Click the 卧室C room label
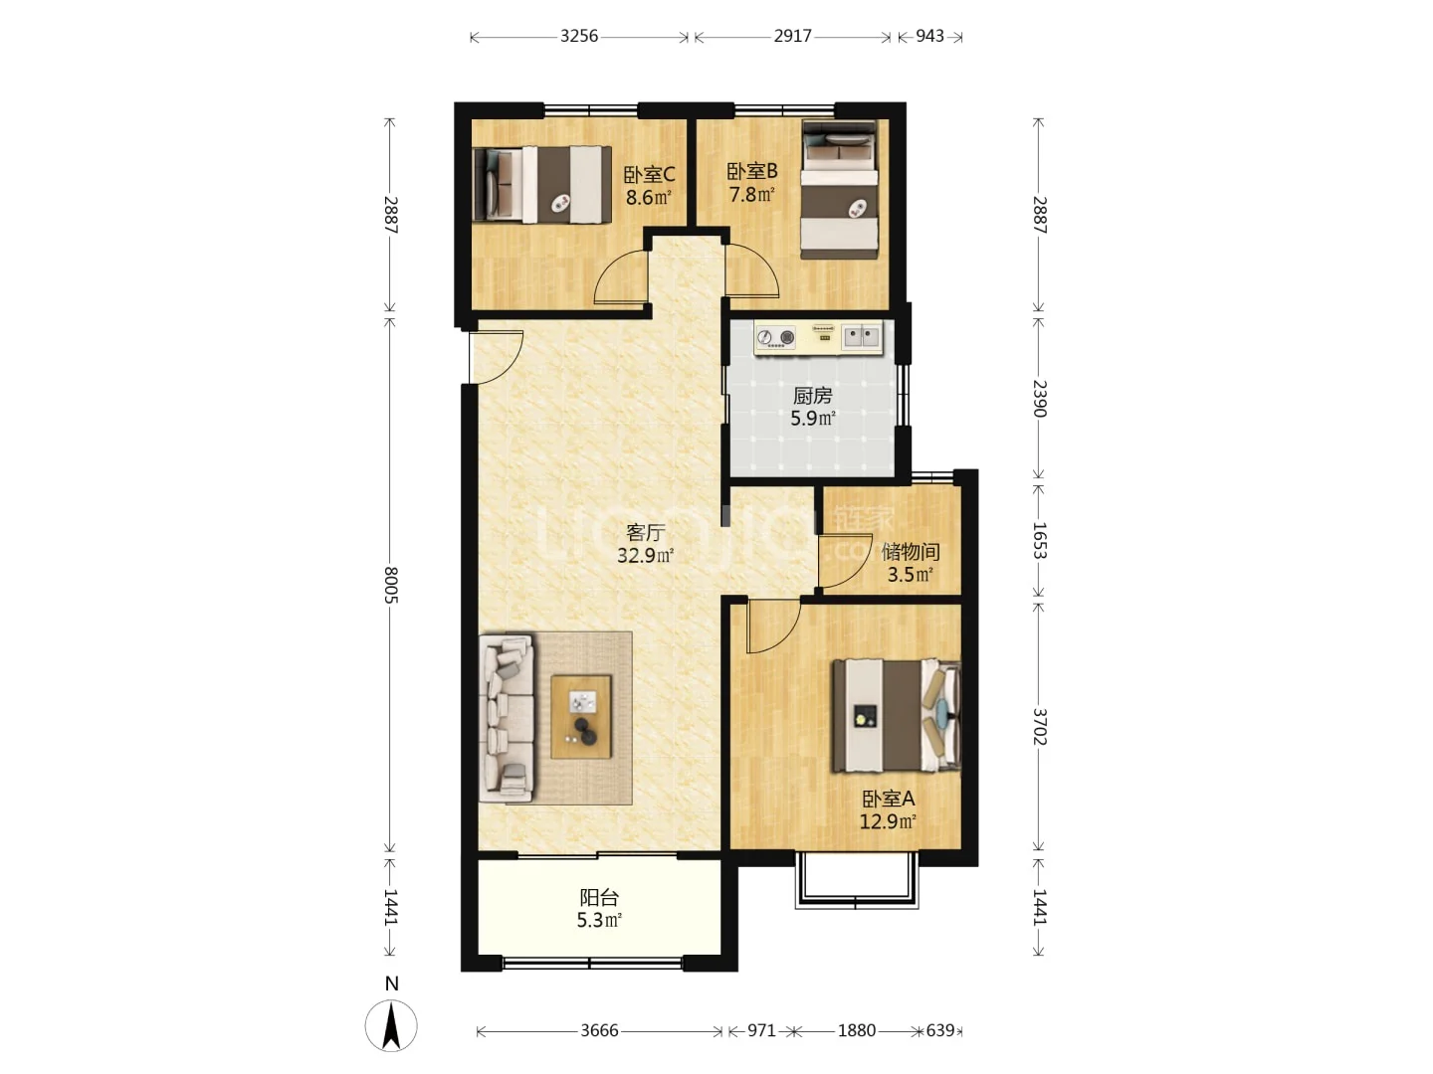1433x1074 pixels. coord(649,175)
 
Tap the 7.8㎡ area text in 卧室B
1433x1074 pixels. coord(752,194)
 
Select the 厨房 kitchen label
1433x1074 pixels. coord(813,396)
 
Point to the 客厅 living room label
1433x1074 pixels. coord(646,533)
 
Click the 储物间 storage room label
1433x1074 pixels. coord(911,552)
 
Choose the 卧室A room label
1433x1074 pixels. coord(889,799)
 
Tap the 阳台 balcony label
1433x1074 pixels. coord(599,898)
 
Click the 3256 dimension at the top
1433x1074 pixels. coord(579,36)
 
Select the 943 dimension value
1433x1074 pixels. coord(929,36)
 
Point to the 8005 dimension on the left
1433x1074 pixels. coord(390,585)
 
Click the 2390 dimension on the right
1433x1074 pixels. coord(1039,399)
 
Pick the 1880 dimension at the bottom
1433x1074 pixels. coord(857,1030)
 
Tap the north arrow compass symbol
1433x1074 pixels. coord(391,1025)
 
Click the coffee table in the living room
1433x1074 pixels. coord(581,717)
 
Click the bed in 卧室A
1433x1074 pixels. coord(896,716)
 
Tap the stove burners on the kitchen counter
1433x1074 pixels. coord(776,337)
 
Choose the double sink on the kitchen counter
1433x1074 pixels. coord(861,336)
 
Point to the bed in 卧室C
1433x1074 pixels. coord(542,185)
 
